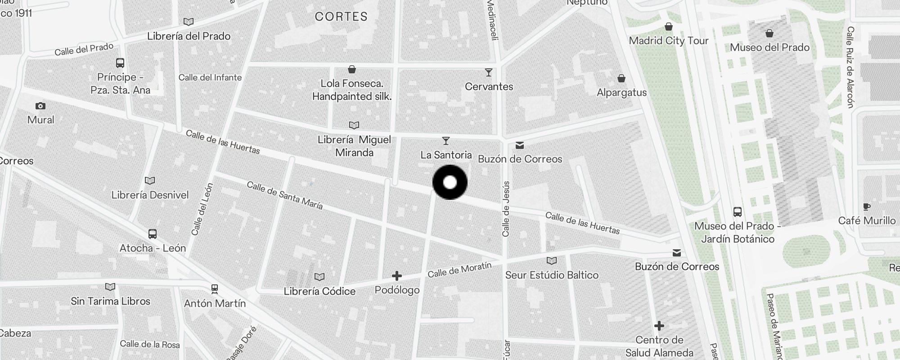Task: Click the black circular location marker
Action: [x=450, y=182]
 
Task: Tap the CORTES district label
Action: [x=341, y=17]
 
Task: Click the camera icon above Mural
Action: [x=40, y=106]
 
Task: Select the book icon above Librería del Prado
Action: [x=189, y=22]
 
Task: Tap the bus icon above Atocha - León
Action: [x=153, y=234]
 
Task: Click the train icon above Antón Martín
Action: [x=215, y=288]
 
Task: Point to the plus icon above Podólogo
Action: [x=396, y=276]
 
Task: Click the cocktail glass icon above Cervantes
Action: [x=488, y=72]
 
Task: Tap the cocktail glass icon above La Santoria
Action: [x=445, y=141]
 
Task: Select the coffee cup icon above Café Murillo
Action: [x=867, y=207]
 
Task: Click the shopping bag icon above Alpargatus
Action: [x=621, y=79]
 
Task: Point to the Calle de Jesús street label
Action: [x=506, y=209]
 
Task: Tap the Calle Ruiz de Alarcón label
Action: [x=850, y=67]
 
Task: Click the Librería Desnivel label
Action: [x=150, y=195]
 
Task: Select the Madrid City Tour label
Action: [x=669, y=40]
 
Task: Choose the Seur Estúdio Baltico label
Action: [x=552, y=275]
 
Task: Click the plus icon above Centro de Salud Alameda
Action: [x=659, y=325]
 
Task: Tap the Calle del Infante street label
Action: [x=210, y=77]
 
